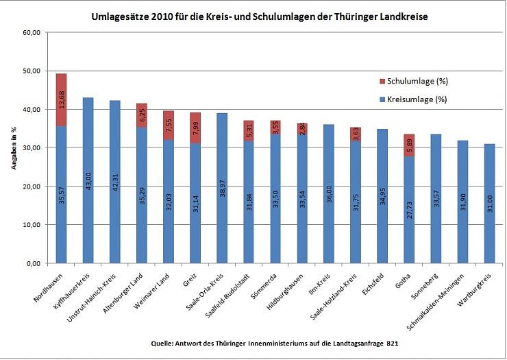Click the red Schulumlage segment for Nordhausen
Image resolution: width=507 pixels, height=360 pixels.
(x=61, y=99)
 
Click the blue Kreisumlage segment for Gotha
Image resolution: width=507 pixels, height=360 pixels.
(x=408, y=209)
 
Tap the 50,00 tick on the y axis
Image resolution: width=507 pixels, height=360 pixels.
(x=32, y=71)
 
